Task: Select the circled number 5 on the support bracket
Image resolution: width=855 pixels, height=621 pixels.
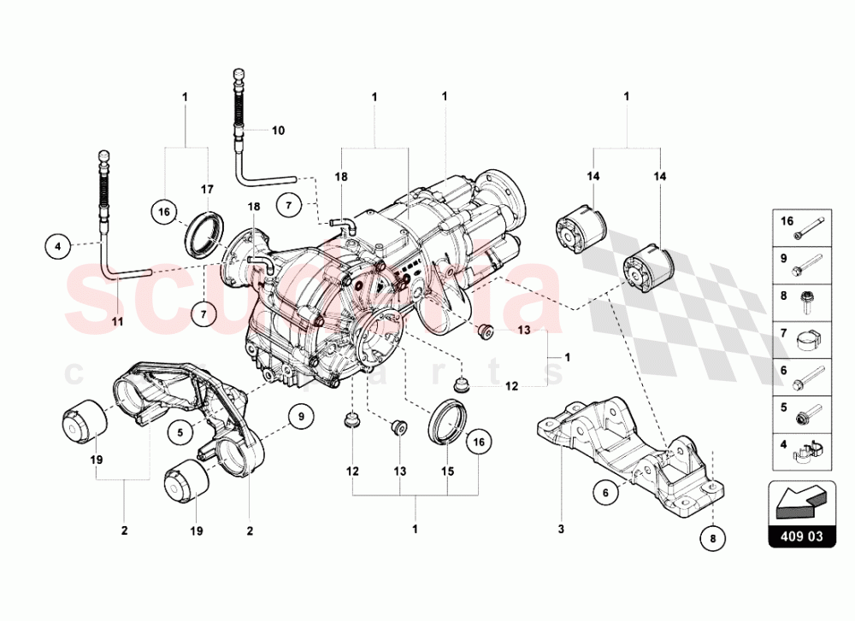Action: point(181,432)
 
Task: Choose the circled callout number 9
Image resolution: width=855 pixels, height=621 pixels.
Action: point(300,417)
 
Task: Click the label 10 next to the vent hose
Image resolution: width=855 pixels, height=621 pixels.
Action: point(278,131)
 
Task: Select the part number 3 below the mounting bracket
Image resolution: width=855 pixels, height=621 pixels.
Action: point(561,530)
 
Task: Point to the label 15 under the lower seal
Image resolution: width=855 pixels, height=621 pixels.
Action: point(447,470)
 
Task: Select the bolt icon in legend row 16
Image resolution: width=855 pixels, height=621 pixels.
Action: point(809,226)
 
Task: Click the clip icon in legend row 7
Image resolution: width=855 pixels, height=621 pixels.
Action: point(808,341)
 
